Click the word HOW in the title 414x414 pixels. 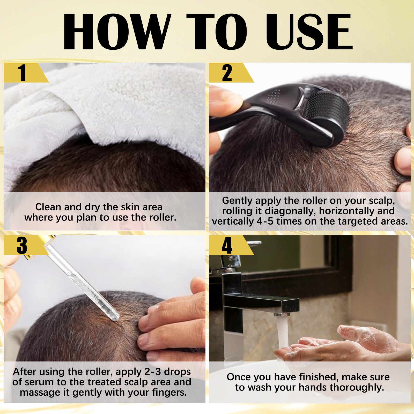(x=116, y=32)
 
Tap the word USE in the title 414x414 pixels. (x=309, y=32)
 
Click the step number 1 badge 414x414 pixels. (x=22, y=73)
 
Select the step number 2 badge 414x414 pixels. (x=227, y=73)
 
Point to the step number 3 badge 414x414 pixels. (x=22, y=245)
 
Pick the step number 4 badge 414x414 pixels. (x=227, y=245)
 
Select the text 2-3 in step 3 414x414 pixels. (x=153, y=372)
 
